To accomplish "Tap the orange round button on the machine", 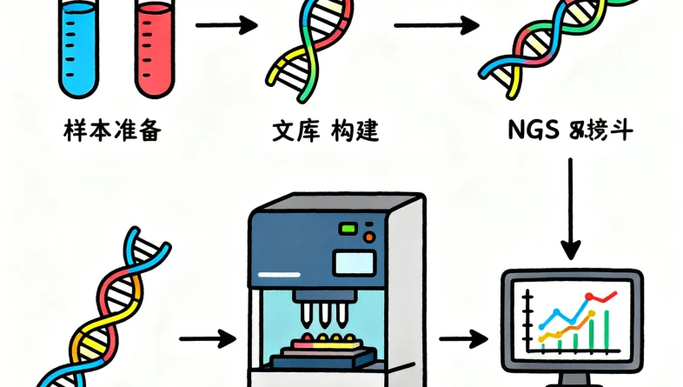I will click(x=369, y=235).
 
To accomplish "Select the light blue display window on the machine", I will click(x=352, y=262).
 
